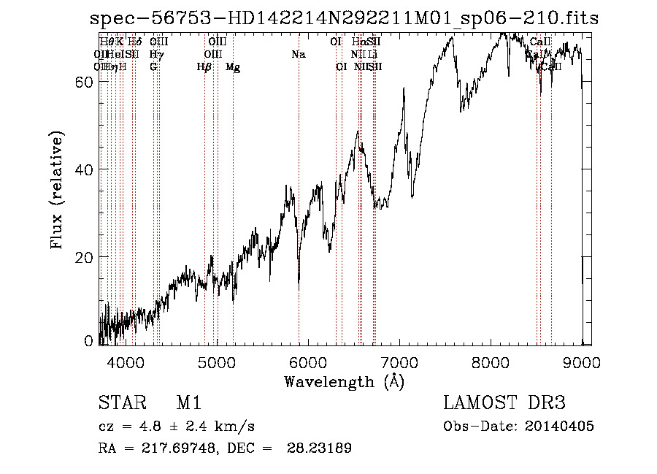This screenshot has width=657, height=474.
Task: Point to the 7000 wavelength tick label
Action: pyautogui.click(x=399, y=362)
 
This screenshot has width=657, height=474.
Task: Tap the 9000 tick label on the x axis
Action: pyautogui.click(x=582, y=362)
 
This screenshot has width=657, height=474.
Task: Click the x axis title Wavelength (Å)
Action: pyautogui.click(x=344, y=381)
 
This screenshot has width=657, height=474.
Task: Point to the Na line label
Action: pyautogui.click(x=298, y=54)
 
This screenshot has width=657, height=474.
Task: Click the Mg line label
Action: pyautogui.click(x=233, y=67)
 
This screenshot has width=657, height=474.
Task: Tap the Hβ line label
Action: pyautogui.click(x=204, y=67)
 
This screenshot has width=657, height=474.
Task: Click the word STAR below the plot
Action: pyautogui.click(x=119, y=404)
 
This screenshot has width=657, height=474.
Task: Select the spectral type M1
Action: pyautogui.click(x=188, y=404)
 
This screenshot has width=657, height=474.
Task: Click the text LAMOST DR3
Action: pyautogui.click(x=504, y=404)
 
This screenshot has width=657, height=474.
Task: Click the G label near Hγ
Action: pyautogui.click(x=153, y=67)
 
